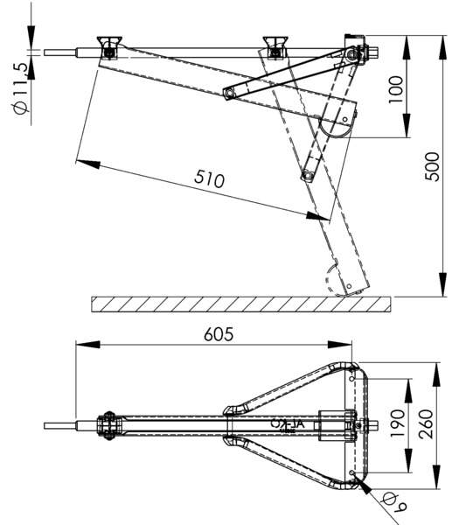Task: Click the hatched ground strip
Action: point(240,304)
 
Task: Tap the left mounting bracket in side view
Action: point(109,47)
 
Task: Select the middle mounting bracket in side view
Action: point(276,47)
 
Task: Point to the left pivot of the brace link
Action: point(229,93)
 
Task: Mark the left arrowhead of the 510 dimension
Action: point(81,160)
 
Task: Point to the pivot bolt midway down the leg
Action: point(307,177)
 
